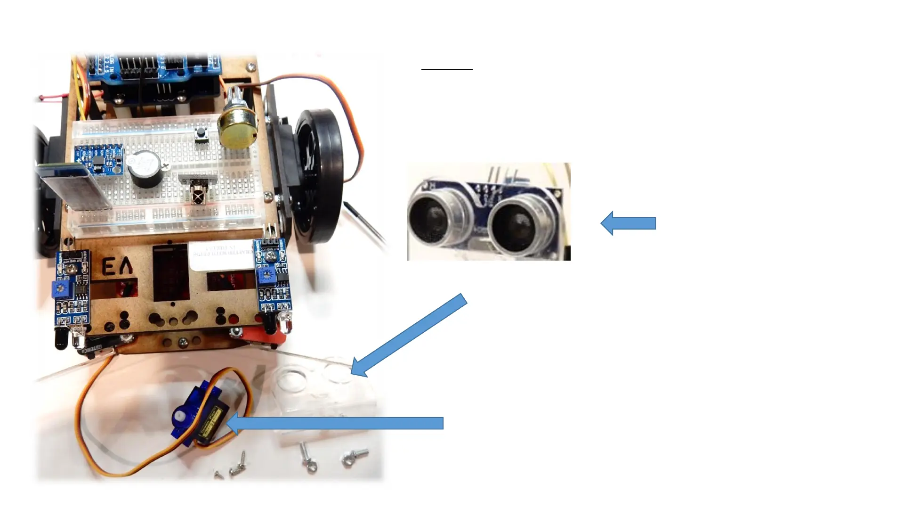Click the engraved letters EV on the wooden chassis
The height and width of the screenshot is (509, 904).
(x=118, y=268)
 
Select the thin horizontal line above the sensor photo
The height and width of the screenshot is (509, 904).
(x=446, y=69)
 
